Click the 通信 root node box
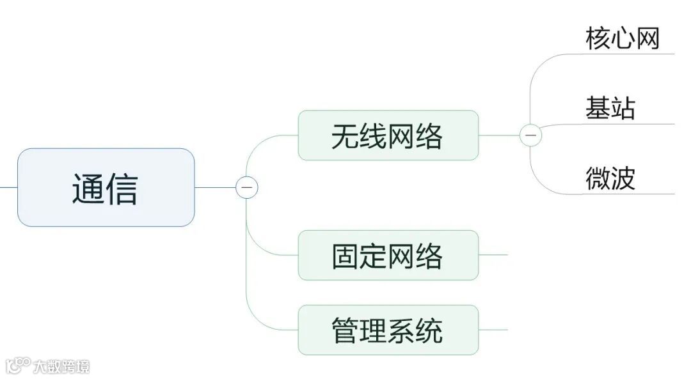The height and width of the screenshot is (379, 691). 106,187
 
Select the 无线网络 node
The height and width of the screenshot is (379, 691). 388,135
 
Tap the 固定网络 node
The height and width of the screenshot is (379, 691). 388,255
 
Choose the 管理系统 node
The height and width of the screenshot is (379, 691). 388,330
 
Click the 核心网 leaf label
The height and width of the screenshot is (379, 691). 622,39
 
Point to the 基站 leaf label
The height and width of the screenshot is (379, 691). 610,108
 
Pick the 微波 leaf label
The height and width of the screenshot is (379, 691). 610,178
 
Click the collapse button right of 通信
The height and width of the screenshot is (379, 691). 247,188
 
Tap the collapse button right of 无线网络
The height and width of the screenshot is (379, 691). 530,135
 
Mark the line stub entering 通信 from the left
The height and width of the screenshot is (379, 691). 8,188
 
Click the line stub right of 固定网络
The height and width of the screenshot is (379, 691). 493,255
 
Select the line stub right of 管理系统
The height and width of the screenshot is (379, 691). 493,330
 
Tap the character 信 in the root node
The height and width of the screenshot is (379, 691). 122,188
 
